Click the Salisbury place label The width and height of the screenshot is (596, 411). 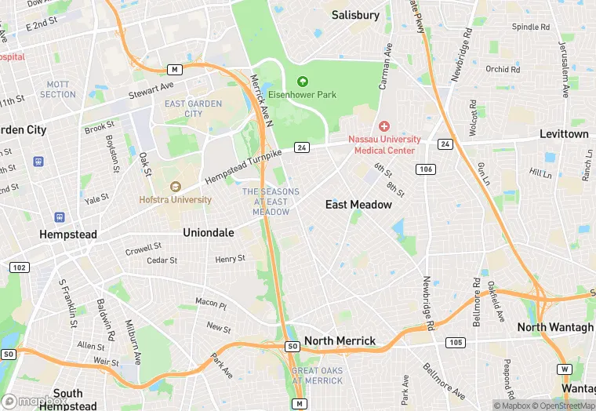355,15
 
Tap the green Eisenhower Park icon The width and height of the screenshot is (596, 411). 302,81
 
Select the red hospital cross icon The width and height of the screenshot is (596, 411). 384,126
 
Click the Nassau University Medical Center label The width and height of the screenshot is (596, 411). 384,145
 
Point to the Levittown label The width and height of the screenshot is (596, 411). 564,134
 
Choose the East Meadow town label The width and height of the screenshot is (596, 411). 358,205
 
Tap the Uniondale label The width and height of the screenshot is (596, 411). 209,233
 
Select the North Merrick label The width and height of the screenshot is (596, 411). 340,341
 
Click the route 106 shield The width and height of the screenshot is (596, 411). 426,169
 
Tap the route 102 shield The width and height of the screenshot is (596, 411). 20,267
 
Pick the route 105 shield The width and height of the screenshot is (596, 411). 455,342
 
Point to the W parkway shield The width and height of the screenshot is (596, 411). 565,369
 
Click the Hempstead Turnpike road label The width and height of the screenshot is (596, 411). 243,166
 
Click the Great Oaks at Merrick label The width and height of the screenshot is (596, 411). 317,375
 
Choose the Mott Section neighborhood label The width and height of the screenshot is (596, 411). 58,89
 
